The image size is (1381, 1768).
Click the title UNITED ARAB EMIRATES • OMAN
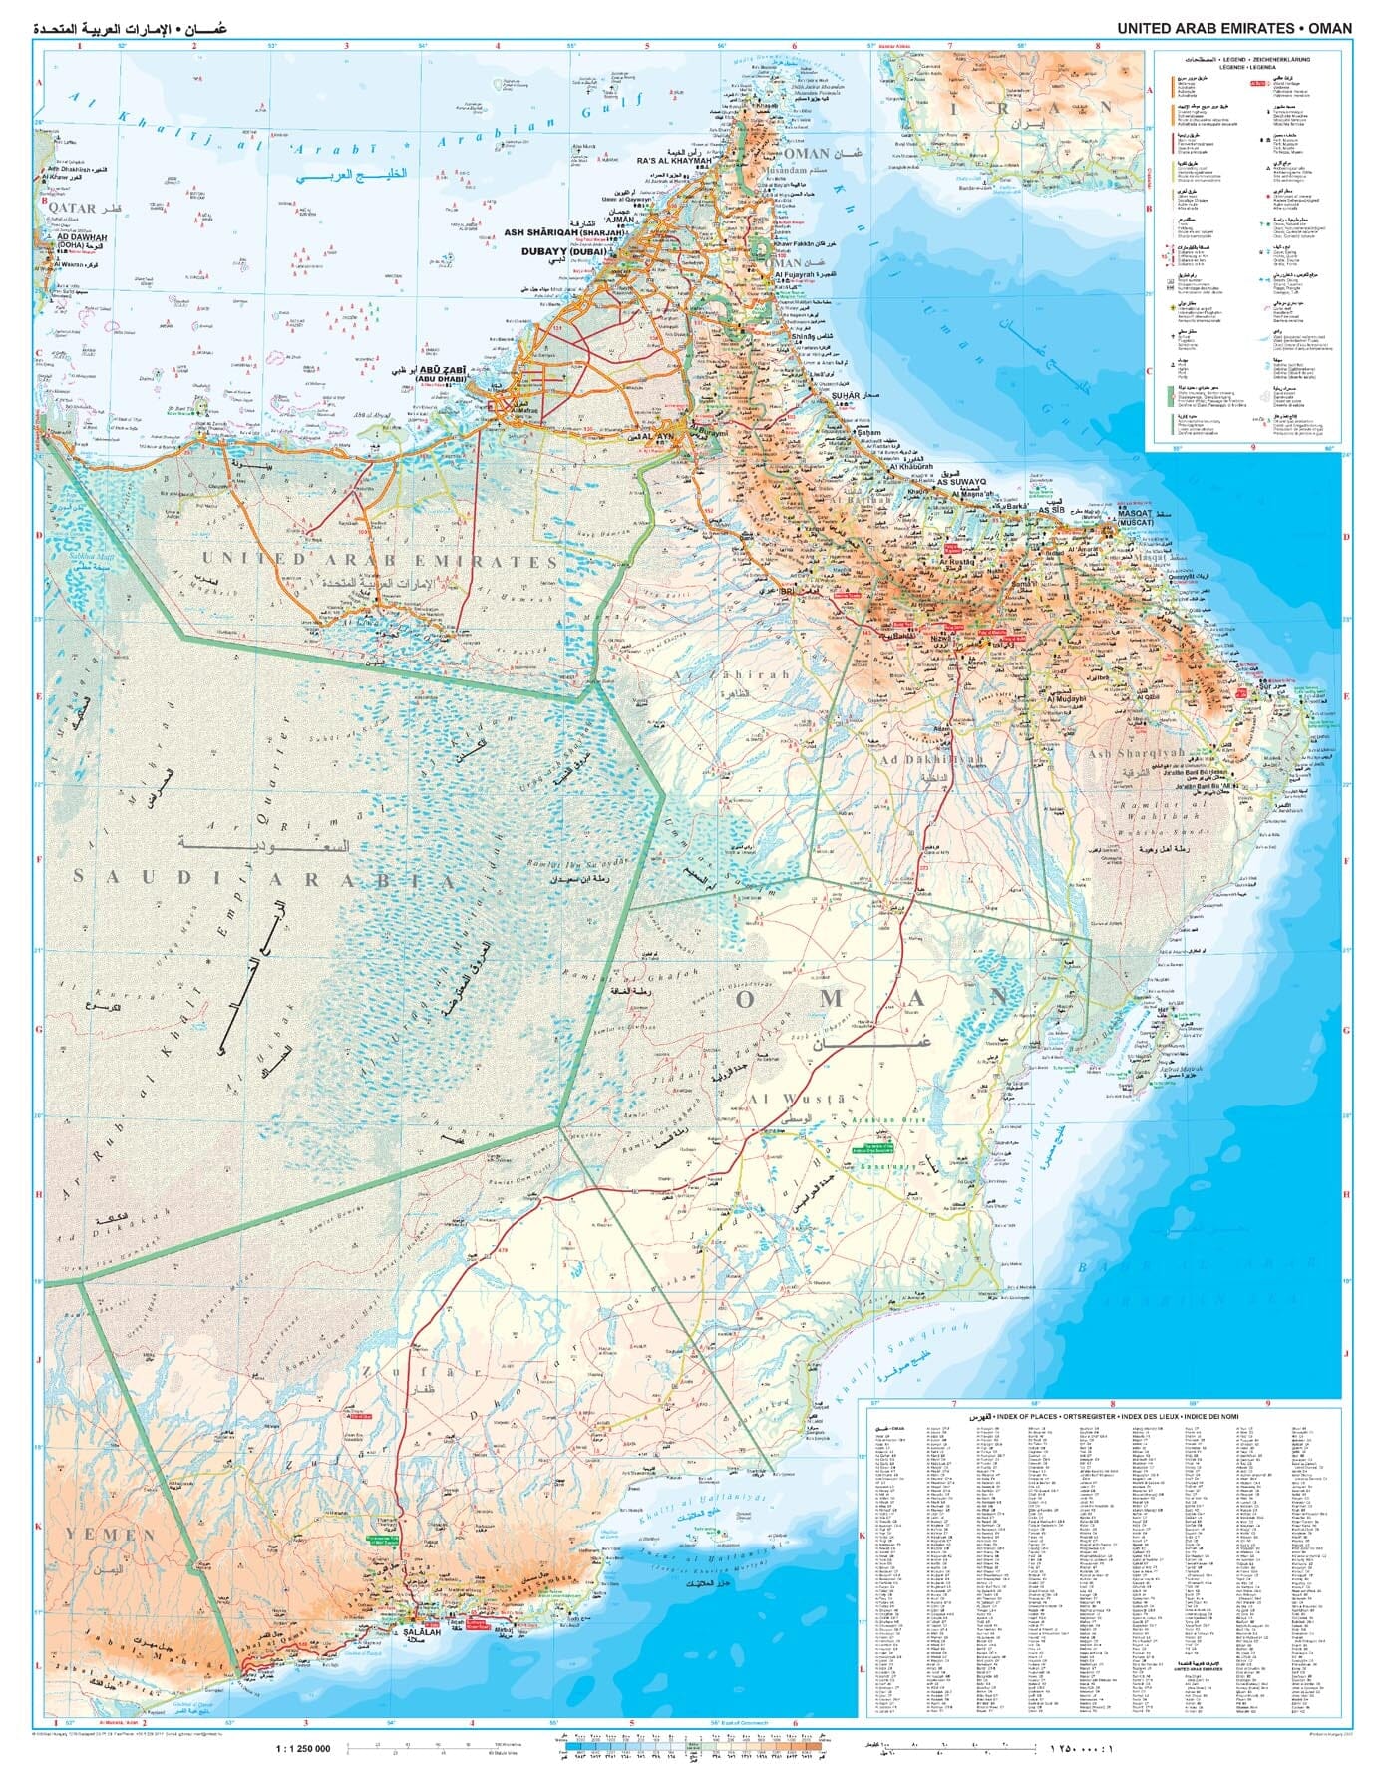click(x=1234, y=28)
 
